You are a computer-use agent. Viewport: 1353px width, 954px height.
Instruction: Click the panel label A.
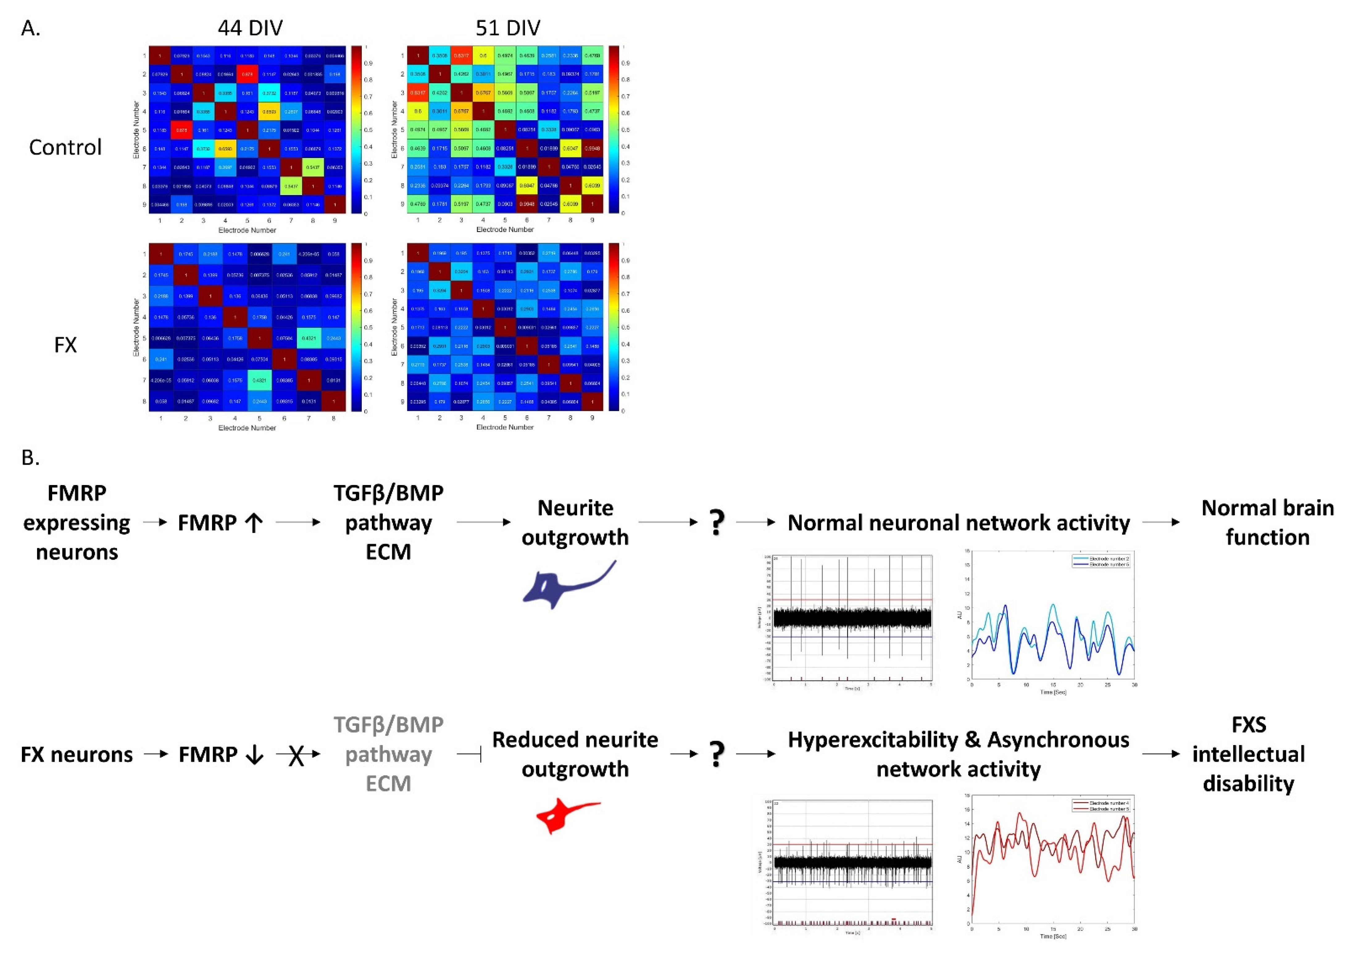pyautogui.click(x=31, y=28)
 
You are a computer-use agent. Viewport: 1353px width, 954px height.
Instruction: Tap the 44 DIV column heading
pyautogui.click(x=250, y=28)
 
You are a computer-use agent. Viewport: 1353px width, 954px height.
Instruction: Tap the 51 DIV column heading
pyautogui.click(x=507, y=28)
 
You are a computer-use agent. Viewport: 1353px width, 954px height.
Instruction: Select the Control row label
pyautogui.click(x=65, y=147)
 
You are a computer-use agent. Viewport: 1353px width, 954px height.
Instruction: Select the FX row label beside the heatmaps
pyautogui.click(x=65, y=345)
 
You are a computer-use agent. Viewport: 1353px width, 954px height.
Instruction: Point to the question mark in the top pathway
pyautogui.click(x=716, y=522)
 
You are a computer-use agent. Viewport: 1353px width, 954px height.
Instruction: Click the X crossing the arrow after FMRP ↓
pyautogui.click(x=296, y=755)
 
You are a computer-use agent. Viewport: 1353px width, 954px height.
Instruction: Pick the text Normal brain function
pyautogui.click(x=1267, y=522)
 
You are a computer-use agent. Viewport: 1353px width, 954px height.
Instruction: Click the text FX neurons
pyautogui.click(x=77, y=754)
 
